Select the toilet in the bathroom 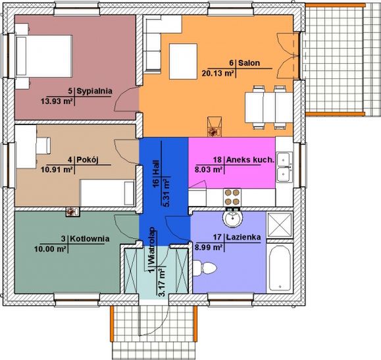pos(208,269)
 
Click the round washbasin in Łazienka pos(233,219)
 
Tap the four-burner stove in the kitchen pos(233,195)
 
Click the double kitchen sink pos(284,166)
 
